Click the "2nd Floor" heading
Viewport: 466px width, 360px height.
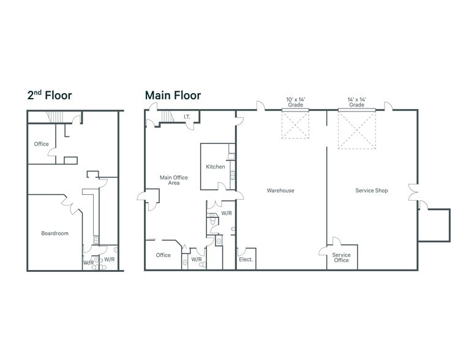[50, 96]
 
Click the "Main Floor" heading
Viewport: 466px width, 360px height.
[173, 96]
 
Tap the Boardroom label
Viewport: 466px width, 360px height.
[55, 233]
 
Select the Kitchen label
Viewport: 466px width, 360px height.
[216, 167]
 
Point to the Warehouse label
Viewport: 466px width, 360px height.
[280, 190]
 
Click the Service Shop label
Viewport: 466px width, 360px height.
[372, 190]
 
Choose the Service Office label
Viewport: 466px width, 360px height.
[341, 258]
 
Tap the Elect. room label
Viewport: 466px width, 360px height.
[246, 260]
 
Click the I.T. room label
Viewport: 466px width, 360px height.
[187, 117]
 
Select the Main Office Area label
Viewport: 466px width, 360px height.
[174, 180]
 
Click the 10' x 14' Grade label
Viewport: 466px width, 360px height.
[295, 102]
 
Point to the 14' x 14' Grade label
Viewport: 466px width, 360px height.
[356, 102]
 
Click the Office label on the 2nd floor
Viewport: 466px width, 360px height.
[41, 144]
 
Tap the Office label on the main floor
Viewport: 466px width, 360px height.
[163, 255]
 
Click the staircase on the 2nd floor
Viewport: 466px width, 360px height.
[55, 117]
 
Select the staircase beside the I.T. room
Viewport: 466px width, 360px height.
[167, 116]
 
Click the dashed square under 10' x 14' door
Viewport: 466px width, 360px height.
[295, 125]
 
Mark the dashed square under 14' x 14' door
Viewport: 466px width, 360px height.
[357, 130]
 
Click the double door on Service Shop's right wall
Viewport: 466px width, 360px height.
[413, 192]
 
